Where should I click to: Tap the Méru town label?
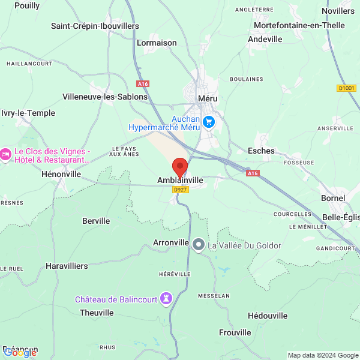208,98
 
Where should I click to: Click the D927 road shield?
179,190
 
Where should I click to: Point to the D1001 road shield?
346,88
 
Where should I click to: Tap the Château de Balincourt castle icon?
167,298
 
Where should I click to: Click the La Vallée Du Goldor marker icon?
199,245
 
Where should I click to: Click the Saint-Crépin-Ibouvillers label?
95,26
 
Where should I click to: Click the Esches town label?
261,151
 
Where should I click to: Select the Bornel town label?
333,197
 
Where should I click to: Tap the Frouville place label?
235,332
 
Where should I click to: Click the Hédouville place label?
267,316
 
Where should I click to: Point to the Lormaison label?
157,43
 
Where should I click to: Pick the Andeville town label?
265,39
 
